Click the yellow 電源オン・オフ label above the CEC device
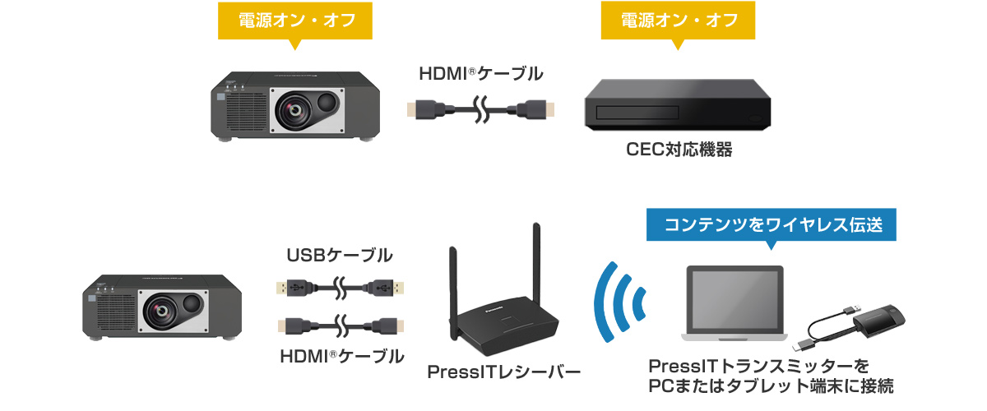[x=679, y=21]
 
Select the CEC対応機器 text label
[x=679, y=150]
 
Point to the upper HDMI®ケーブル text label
[x=481, y=73]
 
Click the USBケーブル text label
[x=339, y=256]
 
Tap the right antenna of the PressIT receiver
[x=536, y=263]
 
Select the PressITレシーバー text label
[x=503, y=372]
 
